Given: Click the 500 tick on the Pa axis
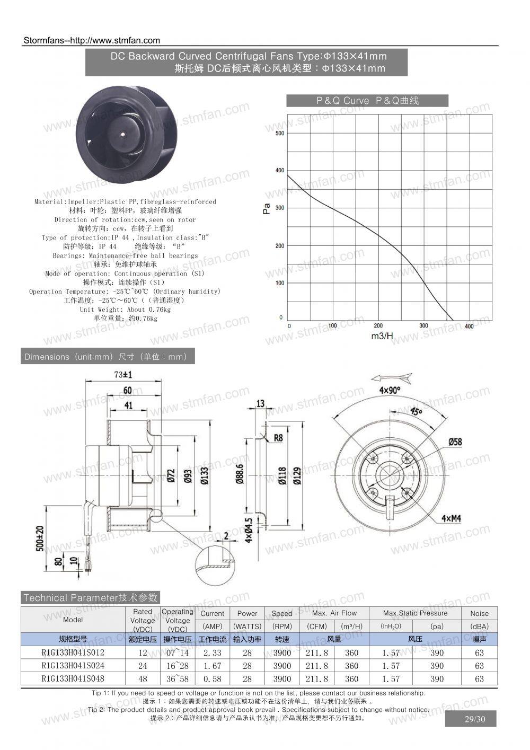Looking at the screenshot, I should coord(280,133).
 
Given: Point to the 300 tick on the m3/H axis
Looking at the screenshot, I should coord(423,326).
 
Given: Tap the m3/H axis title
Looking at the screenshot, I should coord(382,336).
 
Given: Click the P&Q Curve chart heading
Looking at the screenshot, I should coord(367,101).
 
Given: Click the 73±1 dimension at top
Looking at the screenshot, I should coord(123,375).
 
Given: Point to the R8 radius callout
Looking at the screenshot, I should coord(278,438).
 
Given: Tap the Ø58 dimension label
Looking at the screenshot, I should coord(455,441).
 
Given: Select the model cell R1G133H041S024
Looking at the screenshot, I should coord(73,666).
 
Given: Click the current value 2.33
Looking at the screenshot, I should coord(212,652).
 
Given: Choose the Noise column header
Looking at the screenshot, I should coord(479,613).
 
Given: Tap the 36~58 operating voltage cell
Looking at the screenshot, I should coord(177,679).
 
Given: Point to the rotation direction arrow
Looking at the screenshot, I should coord(392,378).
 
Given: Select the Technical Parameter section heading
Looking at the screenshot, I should coord(91,598).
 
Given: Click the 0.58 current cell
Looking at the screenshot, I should coord(212,679).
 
